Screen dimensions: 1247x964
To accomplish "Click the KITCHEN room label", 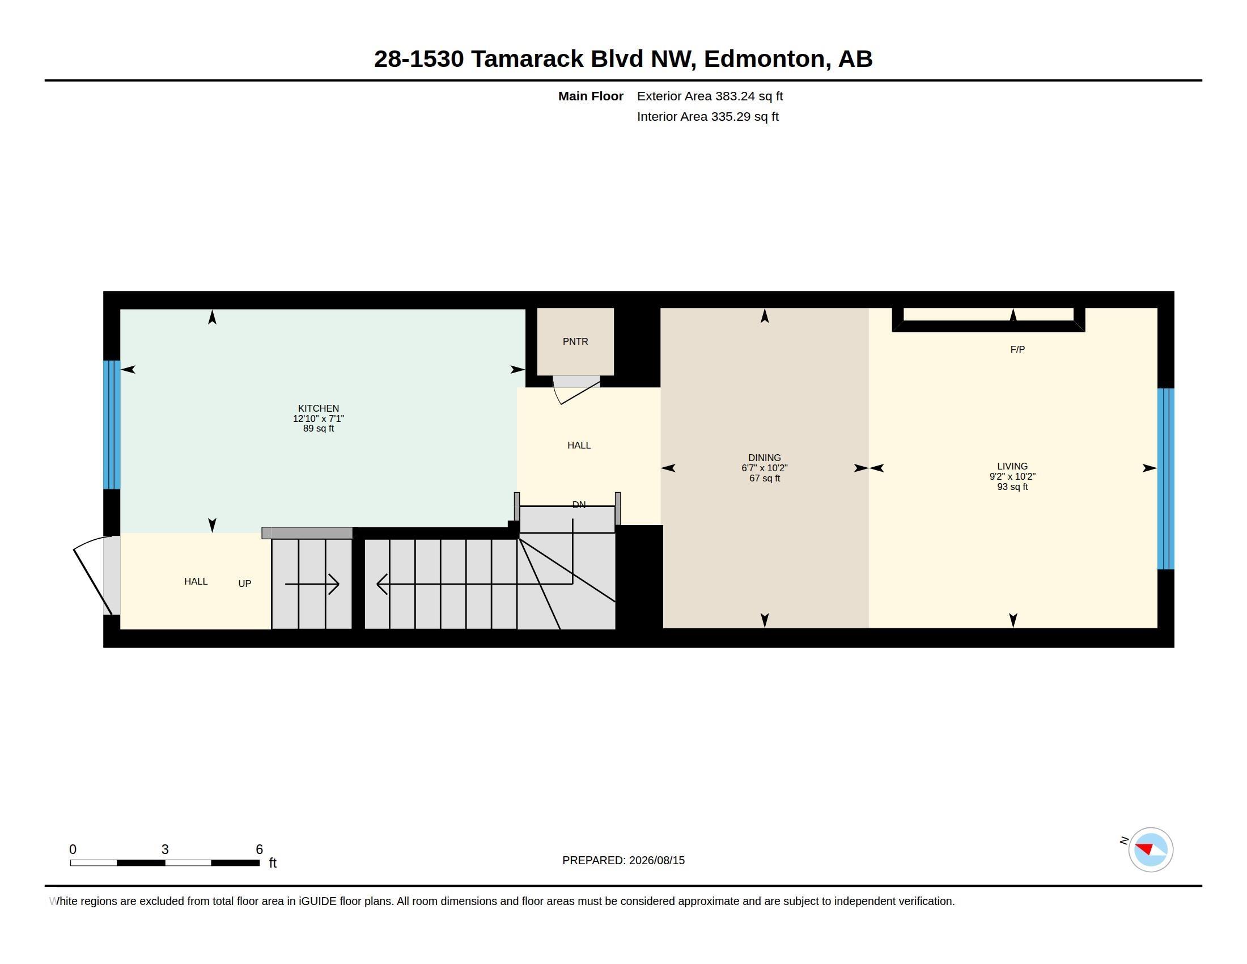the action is click(318, 408).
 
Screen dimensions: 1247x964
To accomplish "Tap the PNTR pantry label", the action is click(575, 341).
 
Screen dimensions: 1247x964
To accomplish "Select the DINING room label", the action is click(764, 458).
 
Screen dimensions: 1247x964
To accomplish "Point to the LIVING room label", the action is click(1012, 466).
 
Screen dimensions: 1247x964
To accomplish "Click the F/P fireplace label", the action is click(1017, 349).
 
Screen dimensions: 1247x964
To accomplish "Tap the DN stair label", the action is click(578, 505).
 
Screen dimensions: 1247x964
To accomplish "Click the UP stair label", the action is click(244, 584).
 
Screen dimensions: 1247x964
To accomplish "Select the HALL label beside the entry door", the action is click(196, 581).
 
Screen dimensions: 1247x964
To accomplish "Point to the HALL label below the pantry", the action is click(578, 445).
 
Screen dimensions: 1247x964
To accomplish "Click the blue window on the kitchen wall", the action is click(111, 424).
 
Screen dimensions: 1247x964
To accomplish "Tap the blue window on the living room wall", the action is click(1165, 479).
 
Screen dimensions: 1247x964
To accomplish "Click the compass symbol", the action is click(1150, 849).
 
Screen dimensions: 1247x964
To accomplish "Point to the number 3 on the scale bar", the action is click(165, 849).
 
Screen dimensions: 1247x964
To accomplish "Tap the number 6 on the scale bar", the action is click(259, 849).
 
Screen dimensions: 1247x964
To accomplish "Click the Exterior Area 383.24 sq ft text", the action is click(710, 96).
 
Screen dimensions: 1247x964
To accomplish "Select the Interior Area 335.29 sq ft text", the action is click(707, 116).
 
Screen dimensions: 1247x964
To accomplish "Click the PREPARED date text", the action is click(623, 860).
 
